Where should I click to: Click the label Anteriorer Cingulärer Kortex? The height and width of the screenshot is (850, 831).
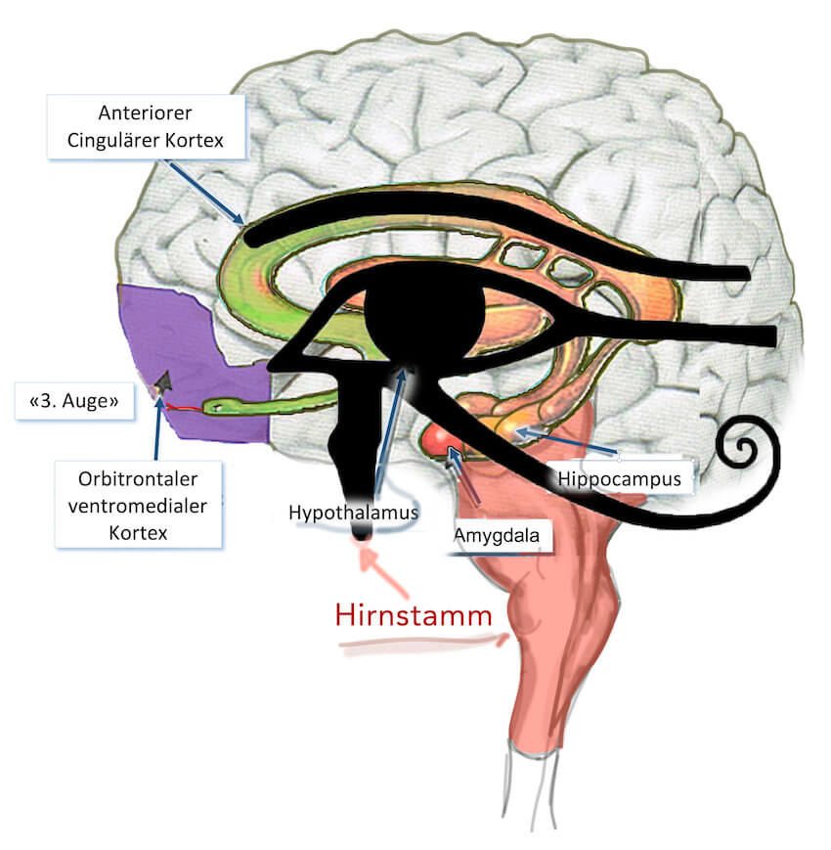click(146, 127)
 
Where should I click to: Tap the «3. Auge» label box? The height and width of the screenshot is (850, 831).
click(74, 401)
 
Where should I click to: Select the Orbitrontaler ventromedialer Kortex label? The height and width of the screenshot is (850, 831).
click(138, 506)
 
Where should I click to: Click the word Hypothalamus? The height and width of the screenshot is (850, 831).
click(353, 513)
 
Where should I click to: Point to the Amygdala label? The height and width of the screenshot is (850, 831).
click(497, 536)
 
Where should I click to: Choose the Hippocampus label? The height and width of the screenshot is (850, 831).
click(620, 478)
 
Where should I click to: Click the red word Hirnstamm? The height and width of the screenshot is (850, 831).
click(414, 616)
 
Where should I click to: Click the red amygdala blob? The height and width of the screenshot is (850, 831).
click(439, 440)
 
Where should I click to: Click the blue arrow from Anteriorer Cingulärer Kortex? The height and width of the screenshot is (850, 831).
click(204, 192)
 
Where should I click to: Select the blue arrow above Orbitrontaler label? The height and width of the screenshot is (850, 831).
click(157, 429)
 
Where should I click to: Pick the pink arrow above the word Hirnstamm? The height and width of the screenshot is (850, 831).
click(383, 571)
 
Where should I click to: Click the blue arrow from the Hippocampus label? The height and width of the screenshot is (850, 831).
click(567, 441)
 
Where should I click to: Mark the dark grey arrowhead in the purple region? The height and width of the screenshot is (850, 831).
click(163, 381)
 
